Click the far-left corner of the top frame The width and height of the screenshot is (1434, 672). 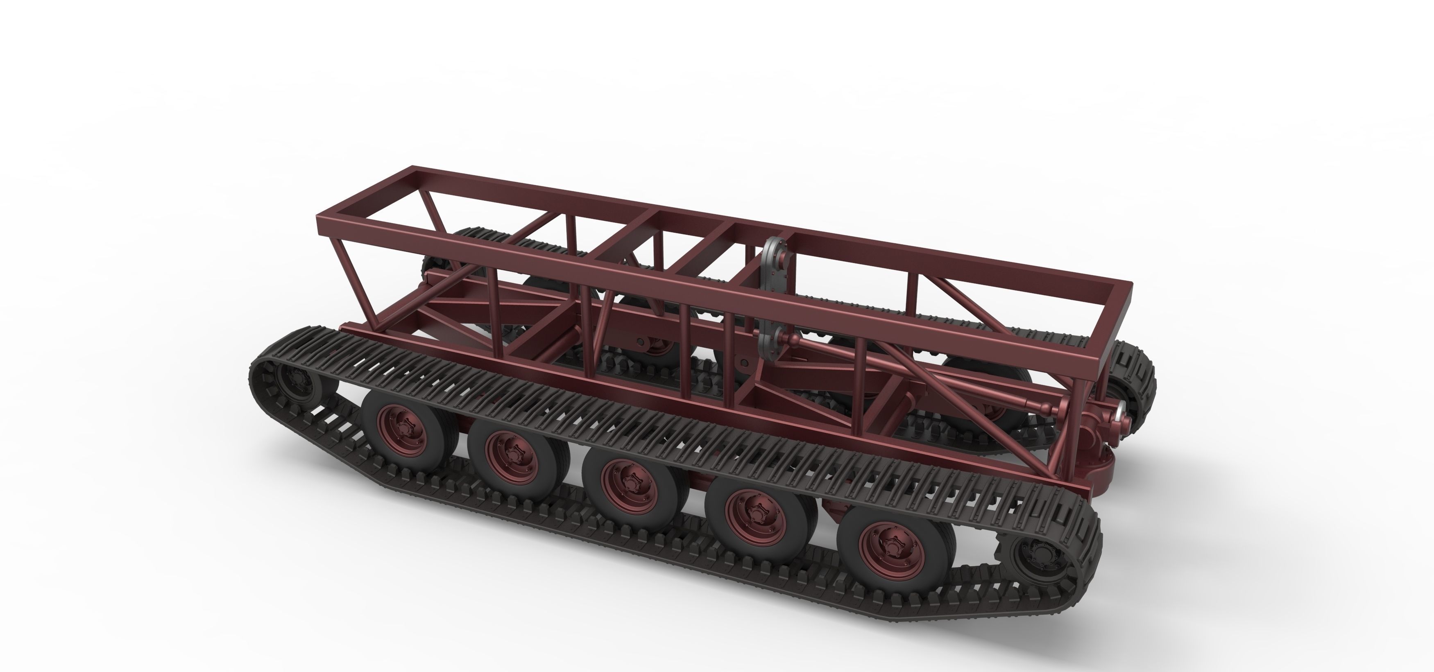coord(412,169)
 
